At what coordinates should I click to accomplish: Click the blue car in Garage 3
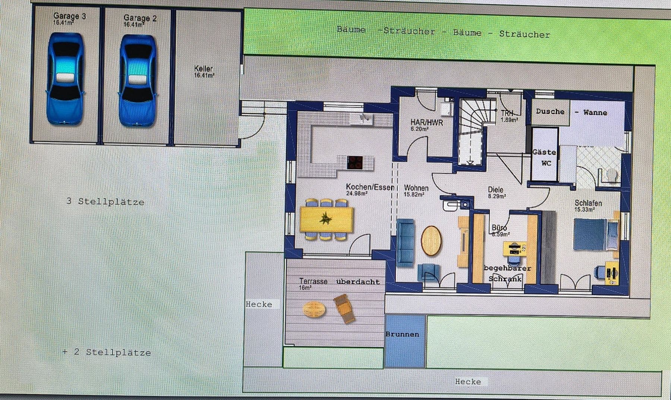coord(65,79)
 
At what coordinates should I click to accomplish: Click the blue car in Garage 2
coord(138,81)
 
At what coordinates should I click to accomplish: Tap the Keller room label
coord(204,69)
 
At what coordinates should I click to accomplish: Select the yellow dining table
coord(327,219)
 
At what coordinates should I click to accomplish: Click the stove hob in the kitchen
coord(355,162)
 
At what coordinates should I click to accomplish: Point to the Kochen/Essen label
coord(370,187)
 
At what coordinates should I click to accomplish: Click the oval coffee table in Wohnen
coord(431,241)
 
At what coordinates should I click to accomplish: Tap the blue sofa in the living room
coord(405,243)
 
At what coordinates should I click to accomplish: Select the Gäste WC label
coord(544,157)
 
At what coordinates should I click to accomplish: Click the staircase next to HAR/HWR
coord(472,130)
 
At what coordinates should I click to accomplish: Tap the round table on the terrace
coord(314,309)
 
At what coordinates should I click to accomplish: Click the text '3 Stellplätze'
coord(105,202)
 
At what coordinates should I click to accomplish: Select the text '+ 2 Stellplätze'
coord(107,352)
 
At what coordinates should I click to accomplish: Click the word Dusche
coord(550,111)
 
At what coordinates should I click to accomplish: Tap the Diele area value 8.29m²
coord(497,196)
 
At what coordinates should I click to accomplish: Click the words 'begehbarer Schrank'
coord(507,273)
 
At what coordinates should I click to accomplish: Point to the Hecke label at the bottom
coord(468,381)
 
